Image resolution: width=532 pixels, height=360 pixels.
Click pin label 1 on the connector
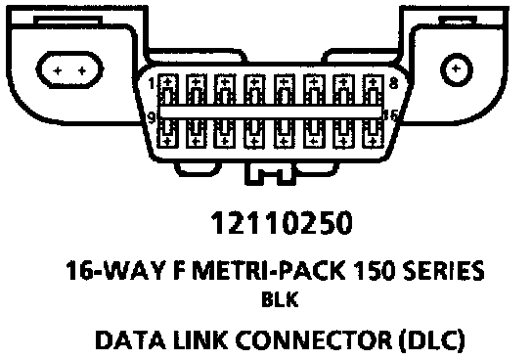tap(152, 83)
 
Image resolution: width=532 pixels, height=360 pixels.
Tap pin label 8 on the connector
tap(393, 83)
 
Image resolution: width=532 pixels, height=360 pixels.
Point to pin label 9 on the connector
tap(152, 117)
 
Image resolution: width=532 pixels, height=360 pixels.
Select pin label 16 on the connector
tap(390, 116)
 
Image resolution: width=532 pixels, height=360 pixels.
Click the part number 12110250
tap(282, 223)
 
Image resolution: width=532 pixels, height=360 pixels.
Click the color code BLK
tap(280, 299)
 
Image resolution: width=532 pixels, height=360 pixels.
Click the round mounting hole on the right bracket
tap(456, 69)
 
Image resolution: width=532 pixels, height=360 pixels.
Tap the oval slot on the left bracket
tap(69, 69)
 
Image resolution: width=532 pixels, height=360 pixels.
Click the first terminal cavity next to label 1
tap(168, 89)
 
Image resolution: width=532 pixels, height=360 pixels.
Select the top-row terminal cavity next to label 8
tap(373, 89)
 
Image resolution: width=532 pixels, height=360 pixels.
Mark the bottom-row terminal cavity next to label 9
tap(167, 133)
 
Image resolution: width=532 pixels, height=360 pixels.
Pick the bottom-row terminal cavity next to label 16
tap(373, 133)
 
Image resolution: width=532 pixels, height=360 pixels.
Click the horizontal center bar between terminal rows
tap(271, 112)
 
